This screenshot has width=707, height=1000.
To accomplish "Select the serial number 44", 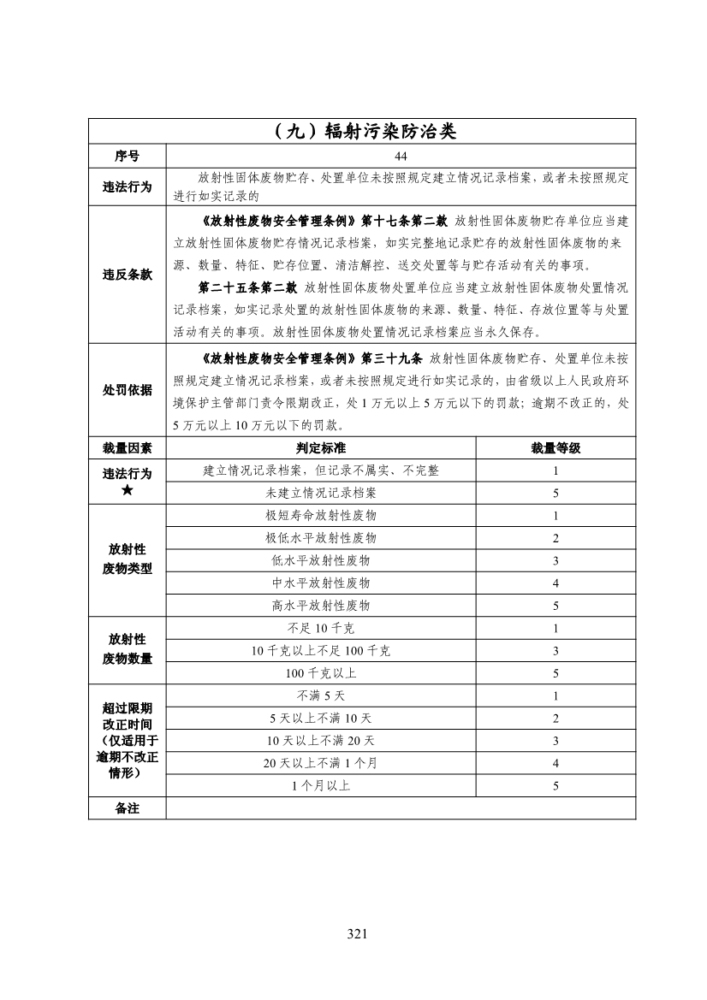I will (x=401, y=157).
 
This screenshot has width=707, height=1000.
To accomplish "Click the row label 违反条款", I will (x=128, y=275).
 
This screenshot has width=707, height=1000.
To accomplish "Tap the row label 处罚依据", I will (x=128, y=390).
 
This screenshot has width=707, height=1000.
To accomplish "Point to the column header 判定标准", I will (x=321, y=447).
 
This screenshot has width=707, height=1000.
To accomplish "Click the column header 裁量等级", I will (x=555, y=447).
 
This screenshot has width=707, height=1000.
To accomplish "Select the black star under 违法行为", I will (x=128, y=492).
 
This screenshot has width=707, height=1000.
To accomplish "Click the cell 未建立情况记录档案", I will (x=321, y=494).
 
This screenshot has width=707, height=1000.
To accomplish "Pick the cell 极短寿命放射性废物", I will (x=321, y=516).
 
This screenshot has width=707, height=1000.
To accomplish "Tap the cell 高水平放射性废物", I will (x=321, y=605).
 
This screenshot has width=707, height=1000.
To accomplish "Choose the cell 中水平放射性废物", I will (x=321, y=583).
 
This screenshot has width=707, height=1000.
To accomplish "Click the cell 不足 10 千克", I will (x=321, y=629).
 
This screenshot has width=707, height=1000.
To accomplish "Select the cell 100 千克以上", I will (x=321, y=673).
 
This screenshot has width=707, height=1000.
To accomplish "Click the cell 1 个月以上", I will (x=321, y=785).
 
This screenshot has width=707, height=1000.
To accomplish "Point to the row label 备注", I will (x=128, y=808).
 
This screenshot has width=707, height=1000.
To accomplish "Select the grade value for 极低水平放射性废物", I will (x=555, y=538).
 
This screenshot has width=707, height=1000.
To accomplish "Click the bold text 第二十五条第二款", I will (x=247, y=287).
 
